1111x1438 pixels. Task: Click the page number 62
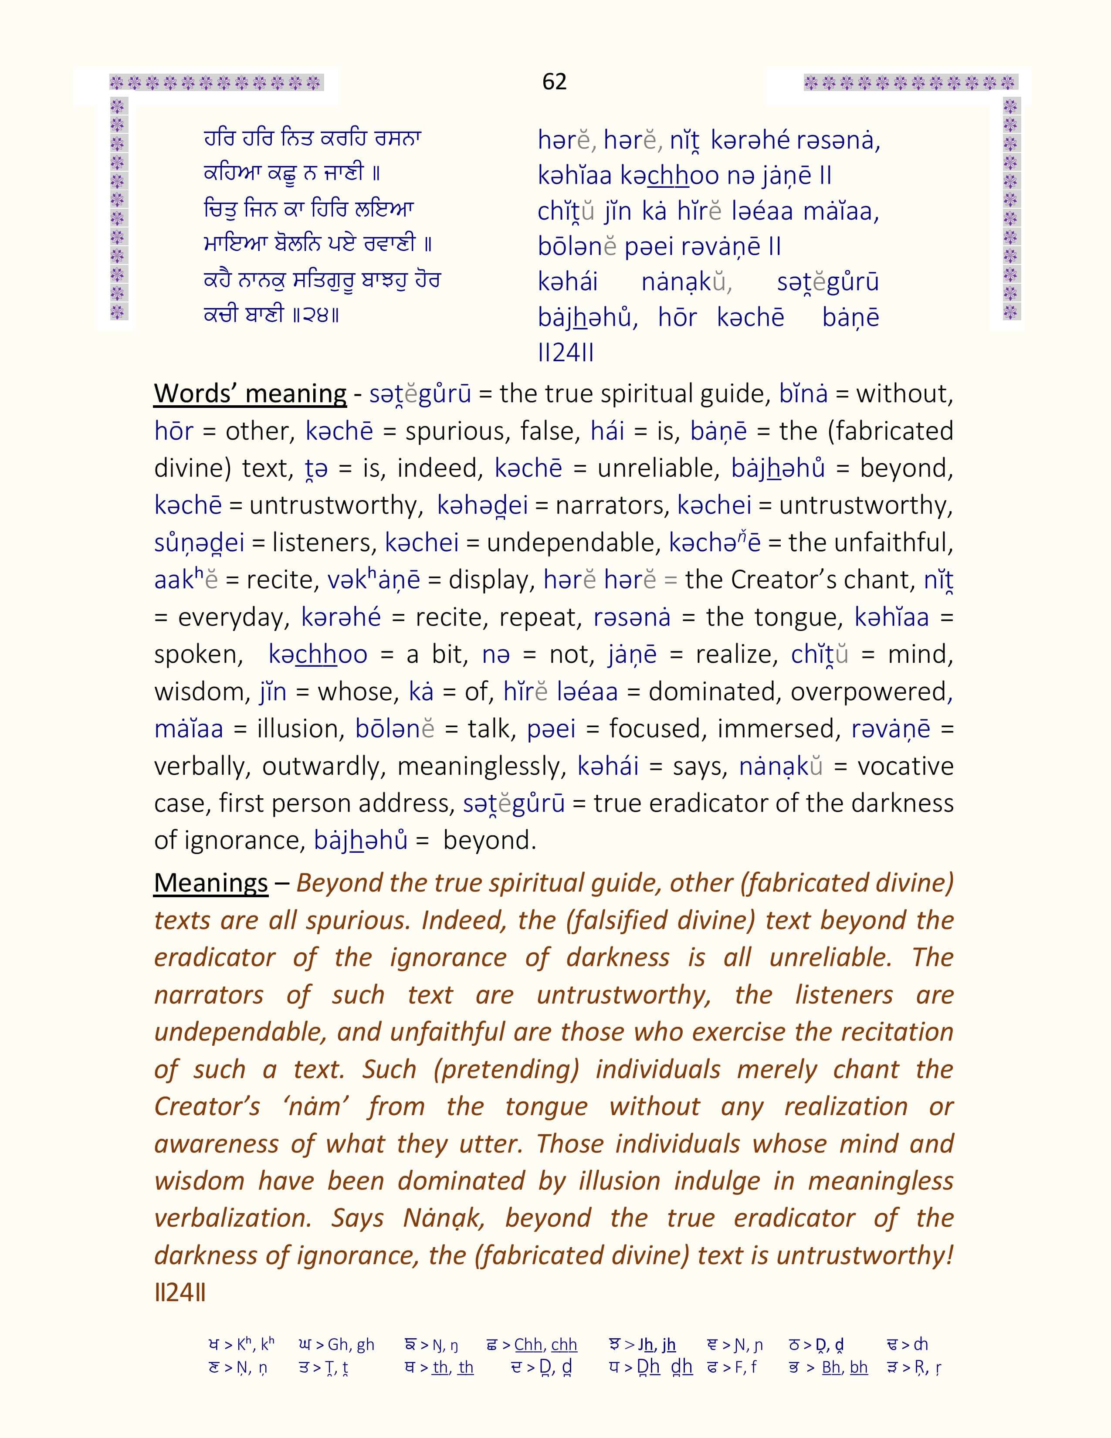[x=554, y=81]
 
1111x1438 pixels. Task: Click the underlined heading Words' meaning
[x=250, y=394]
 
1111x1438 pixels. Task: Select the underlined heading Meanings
[x=210, y=883]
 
